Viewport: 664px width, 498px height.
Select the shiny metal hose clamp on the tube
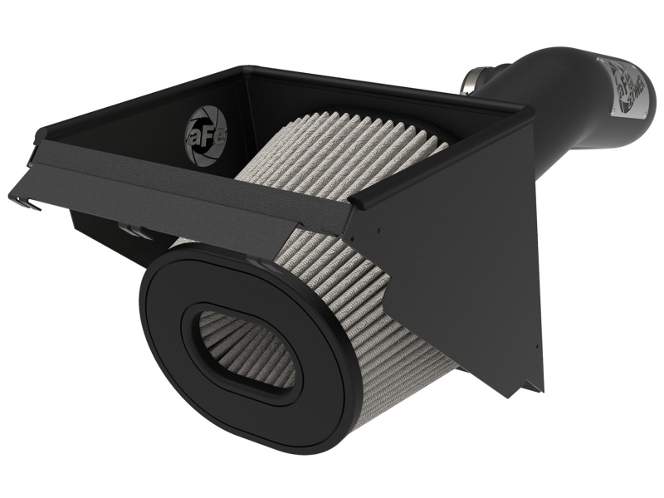471,83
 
